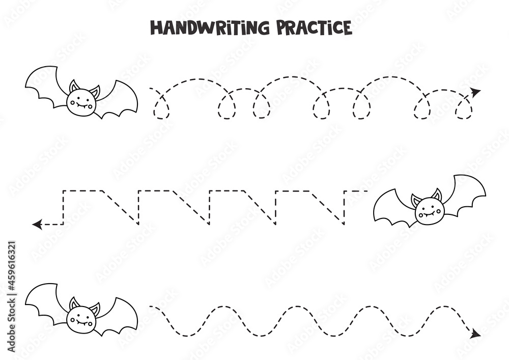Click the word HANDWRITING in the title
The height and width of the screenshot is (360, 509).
pyautogui.click(x=210, y=27)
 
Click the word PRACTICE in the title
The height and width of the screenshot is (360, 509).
pyautogui.click(x=314, y=27)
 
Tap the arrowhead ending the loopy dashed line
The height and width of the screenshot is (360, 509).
pyautogui.click(x=476, y=93)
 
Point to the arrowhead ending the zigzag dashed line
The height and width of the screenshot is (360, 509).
pyautogui.click(x=37, y=224)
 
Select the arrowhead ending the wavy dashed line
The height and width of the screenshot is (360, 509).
pyautogui.click(x=476, y=334)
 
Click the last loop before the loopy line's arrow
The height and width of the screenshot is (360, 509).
pyautogui.click(x=464, y=108)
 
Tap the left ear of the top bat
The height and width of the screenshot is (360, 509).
pyautogui.click(x=74, y=87)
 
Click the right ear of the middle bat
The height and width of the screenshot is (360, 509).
pyautogui.click(x=437, y=196)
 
